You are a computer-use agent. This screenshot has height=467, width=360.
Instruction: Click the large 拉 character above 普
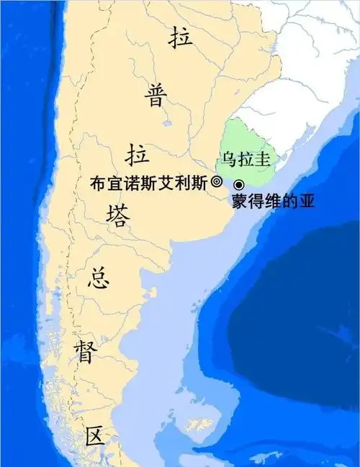pyautogui.click(x=181, y=39)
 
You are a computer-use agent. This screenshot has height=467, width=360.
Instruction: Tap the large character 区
pyautogui.click(x=95, y=437)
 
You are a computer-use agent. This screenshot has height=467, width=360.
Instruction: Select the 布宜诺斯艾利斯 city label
pyautogui.click(x=149, y=183)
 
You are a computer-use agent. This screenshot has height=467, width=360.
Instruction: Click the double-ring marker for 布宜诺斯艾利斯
pyautogui.click(x=216, y=183)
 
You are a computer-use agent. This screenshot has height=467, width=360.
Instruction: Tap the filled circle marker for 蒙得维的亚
pyautogui.click(x=238, y=185)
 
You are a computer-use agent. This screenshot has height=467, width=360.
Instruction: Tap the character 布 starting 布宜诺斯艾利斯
pyautogui.click(x=97, y=183)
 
